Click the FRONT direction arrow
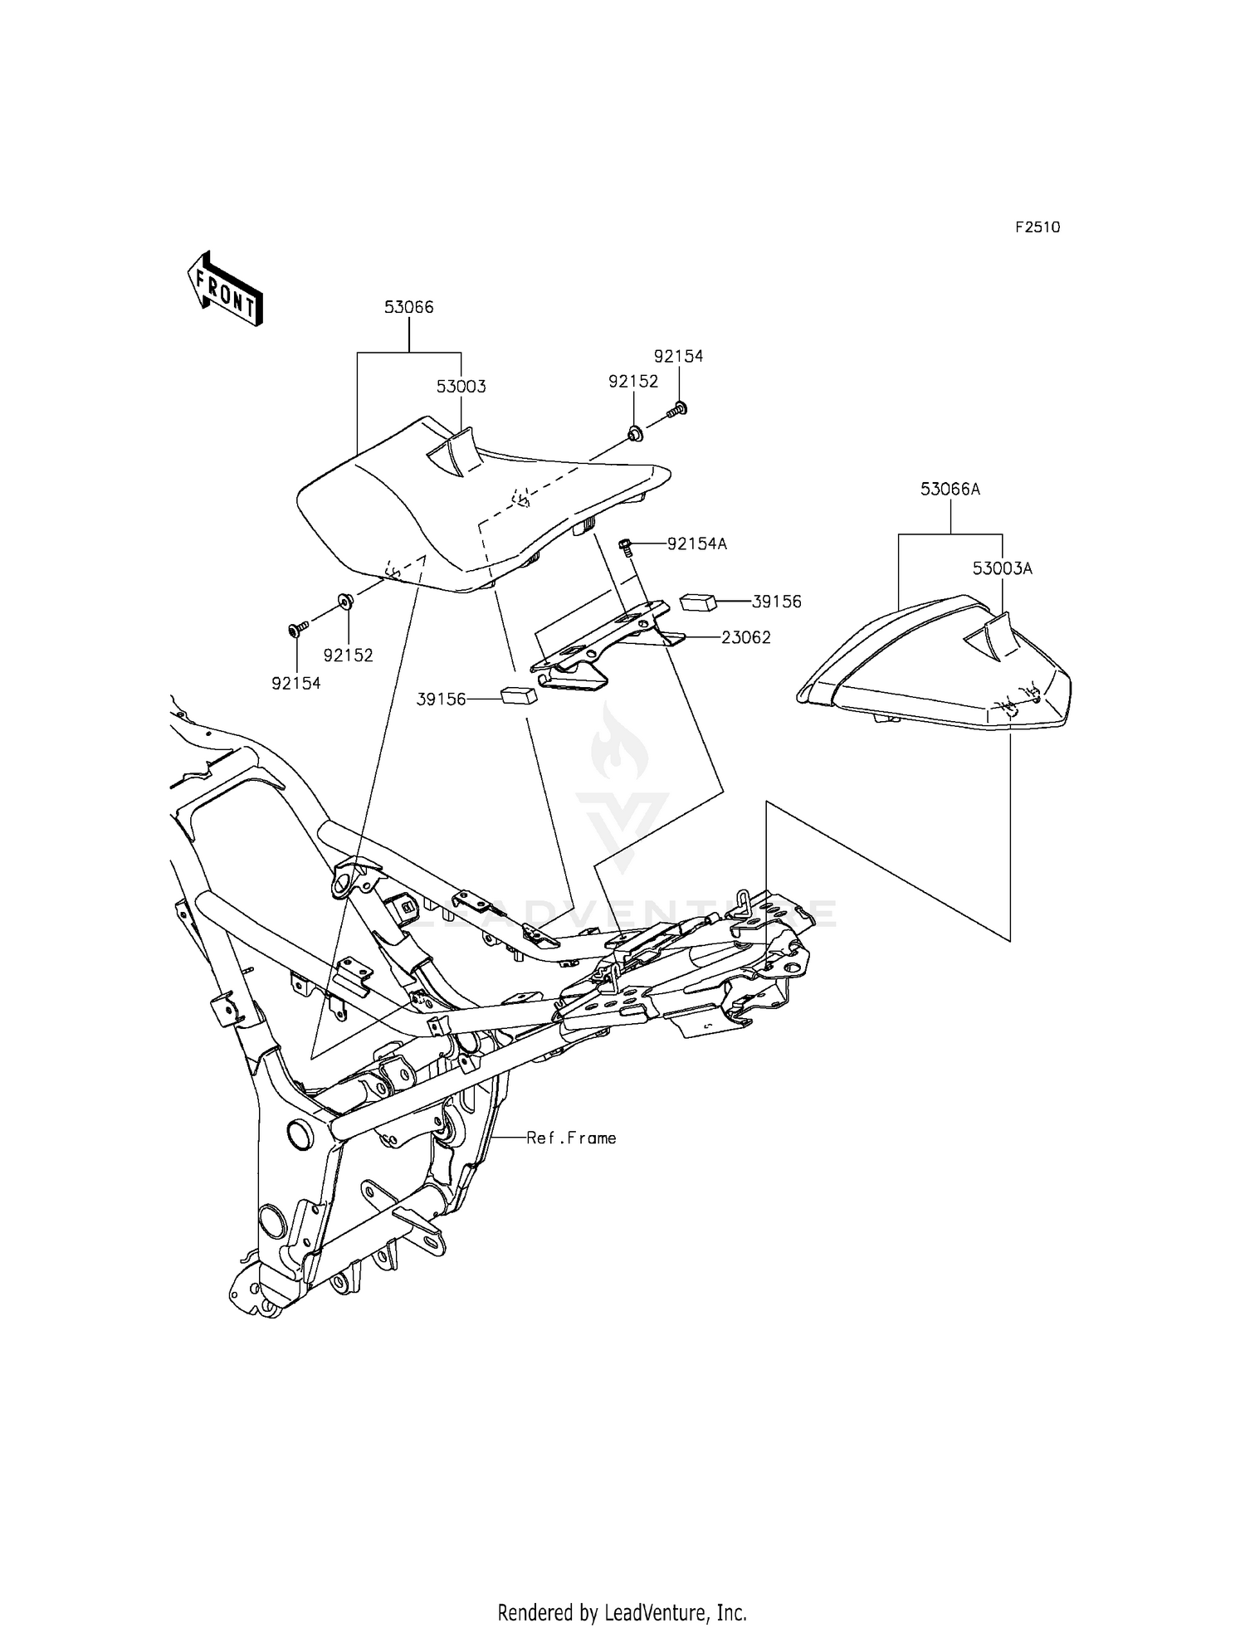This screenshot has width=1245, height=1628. tap(225, 287)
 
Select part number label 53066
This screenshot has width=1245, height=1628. tap(408, 307)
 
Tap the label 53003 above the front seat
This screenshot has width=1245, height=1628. tap(461, 387)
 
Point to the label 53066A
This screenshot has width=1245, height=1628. tap(950, 490)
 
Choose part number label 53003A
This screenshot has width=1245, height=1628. tap(1003, 569)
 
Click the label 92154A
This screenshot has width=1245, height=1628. tap(697, 544)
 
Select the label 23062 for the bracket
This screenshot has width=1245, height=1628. tap(746, 638)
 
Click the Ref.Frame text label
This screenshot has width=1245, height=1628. tap(572, 1138)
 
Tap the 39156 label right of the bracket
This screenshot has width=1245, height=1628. tap(777, 602)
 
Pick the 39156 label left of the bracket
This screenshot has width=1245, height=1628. tap(442, 700)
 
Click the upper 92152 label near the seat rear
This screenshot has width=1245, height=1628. tap(633, 382)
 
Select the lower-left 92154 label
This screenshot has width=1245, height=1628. tap(296, 684)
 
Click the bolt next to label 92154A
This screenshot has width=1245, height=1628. tap(627, 548)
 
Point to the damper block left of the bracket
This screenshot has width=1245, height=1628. tap(519, 695)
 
